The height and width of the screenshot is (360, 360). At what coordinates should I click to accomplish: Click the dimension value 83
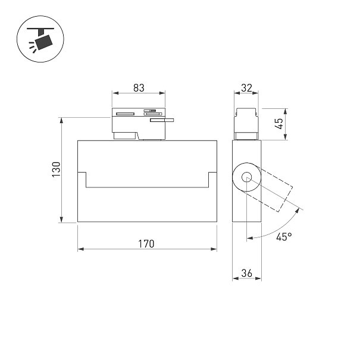coord(139,88)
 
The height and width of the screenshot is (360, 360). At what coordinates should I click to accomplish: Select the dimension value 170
coord(146,244)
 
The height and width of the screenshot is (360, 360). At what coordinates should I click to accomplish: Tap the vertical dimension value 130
coord(57,169)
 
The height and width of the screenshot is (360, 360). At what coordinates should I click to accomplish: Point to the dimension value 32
coord(246,88)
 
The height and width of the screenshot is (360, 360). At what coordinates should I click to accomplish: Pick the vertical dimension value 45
coord(280,124)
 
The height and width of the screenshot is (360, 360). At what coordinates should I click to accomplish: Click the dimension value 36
coord(247,273)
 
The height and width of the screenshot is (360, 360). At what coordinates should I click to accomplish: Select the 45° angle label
coord(284,237)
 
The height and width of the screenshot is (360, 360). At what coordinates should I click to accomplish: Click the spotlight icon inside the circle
coord(40,39)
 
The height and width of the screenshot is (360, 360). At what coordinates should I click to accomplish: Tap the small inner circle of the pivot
coord(246,177)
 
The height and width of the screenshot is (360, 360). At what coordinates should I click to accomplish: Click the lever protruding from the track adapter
coord(162,120)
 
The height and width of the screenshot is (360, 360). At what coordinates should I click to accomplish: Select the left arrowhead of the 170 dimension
coord(81,249)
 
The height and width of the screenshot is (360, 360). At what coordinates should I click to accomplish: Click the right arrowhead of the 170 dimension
coord(214,249)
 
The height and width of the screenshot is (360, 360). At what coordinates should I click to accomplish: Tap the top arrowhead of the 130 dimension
coord(61,121)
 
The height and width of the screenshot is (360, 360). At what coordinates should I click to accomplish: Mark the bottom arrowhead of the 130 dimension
coord(61,219)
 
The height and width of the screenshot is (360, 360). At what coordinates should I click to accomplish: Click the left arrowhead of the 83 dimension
coord(115,93)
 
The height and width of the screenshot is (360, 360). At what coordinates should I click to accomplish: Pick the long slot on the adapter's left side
coord(125,114)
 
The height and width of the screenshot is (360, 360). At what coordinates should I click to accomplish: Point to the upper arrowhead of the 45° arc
coord(298,211)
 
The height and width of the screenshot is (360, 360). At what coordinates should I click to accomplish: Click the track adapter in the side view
coord(246,124)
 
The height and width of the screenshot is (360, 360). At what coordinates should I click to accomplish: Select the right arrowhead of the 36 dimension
coord(258,278)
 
